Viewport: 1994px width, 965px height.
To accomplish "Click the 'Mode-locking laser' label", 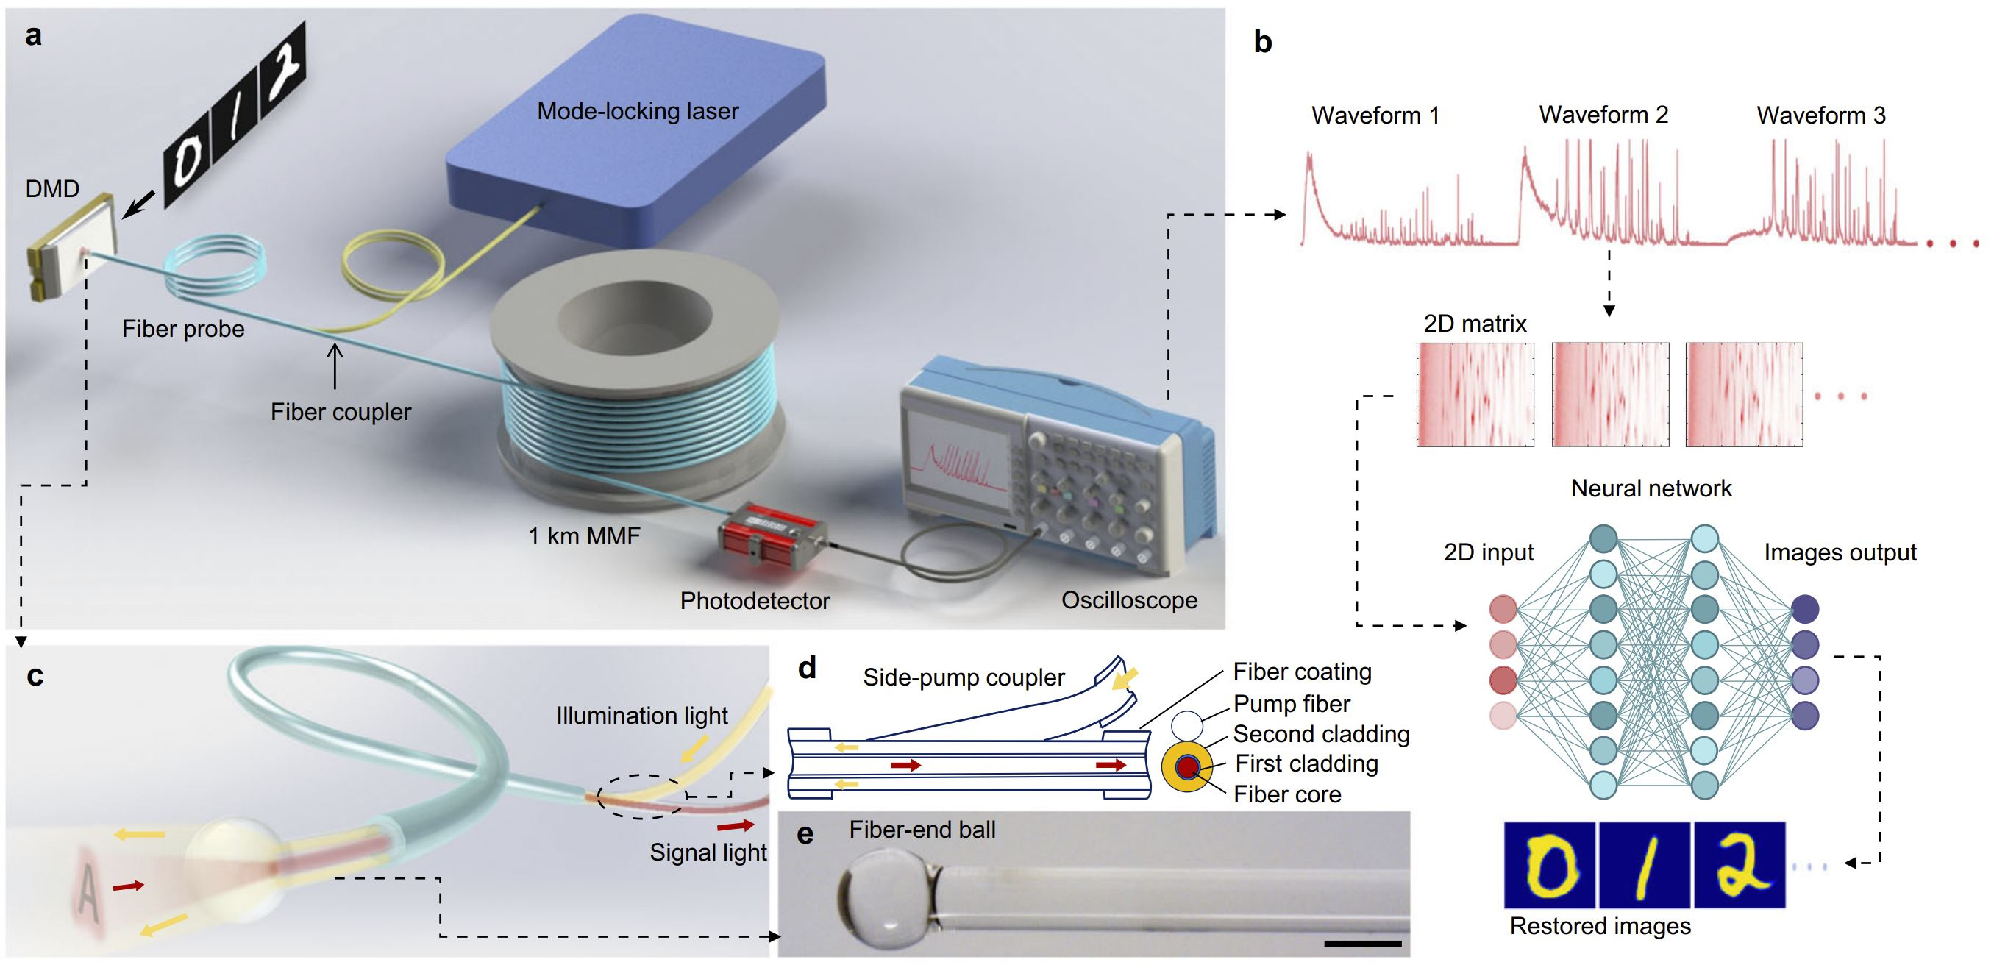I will point(638,112).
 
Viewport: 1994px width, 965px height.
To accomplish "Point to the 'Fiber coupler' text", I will point(341,412).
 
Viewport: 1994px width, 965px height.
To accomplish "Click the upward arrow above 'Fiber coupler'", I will point(335,365).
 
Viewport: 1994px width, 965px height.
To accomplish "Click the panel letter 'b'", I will point(1262,43).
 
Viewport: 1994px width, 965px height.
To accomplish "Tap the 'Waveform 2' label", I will point(1603,115).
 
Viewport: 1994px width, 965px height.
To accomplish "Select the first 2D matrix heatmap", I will point(1475,395).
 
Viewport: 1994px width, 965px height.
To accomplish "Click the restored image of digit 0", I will point(1549,865).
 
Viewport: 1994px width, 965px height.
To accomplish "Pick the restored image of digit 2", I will point(1740,865).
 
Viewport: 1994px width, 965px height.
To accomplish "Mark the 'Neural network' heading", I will point(1651,488).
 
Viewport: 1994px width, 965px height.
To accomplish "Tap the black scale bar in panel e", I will point(1362,944).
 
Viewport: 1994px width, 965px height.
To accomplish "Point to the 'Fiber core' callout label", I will point(1286,795).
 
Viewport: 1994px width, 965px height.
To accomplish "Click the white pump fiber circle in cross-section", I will point(1186,726).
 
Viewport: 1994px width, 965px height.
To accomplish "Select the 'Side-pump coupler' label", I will point(964,677).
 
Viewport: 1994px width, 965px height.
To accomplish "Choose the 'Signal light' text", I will point(708,852).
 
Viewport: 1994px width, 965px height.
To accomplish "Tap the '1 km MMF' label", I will point(585,535).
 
